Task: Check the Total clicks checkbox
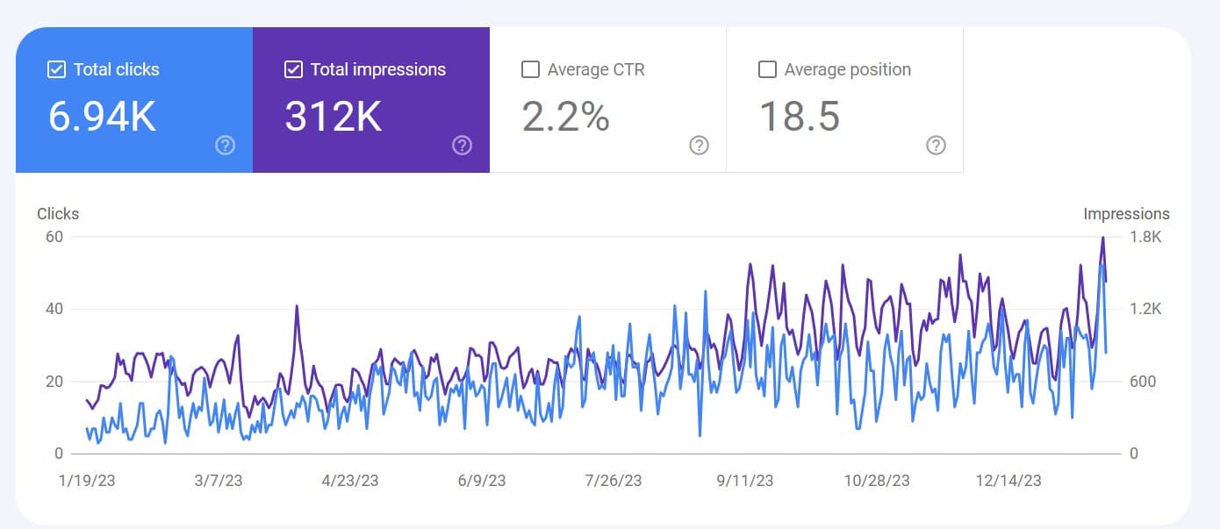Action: point(56,69)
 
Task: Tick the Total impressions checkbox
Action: point(293,69)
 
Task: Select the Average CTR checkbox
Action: point(530,69)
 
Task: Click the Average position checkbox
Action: point(767,69)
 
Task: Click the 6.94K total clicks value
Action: point(102,117)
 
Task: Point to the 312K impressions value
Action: point(334,117)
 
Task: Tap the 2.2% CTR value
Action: point(565,117)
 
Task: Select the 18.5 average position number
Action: point(799,117)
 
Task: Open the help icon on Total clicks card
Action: point(226,146)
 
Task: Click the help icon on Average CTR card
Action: point(699,146)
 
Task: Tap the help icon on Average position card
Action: point(936,146)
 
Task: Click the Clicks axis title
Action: point(58,213)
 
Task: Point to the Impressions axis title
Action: point(1126,213)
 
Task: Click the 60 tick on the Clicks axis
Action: point(54,237)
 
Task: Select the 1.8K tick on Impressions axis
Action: point(1145,237)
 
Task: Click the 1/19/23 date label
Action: point(87,480)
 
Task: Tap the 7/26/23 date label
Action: point(613,480)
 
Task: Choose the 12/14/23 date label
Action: point(1009,480)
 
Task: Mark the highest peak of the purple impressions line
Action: point(1102,238)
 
